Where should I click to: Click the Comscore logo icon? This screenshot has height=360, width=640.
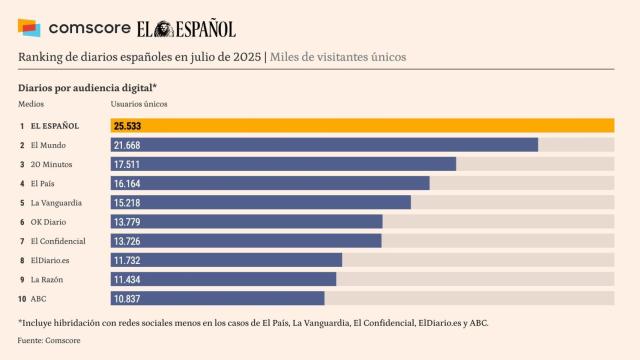click(x=30, y=27)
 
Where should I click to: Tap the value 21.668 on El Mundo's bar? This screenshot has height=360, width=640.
click(x=128, y=145)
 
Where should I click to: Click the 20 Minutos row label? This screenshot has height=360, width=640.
click(x=50, y=164)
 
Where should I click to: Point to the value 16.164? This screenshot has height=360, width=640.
click(x=128, y=183)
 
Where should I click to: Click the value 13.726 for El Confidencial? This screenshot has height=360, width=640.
click(x=128, y=241)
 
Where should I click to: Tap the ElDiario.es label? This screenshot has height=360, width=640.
click(x=50, y=260)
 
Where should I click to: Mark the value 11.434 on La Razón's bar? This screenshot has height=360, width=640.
click(x=128, y=279)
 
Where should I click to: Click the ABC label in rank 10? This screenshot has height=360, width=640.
click(x=39, y=298)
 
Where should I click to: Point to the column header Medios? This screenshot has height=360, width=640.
click(x=31, y=104)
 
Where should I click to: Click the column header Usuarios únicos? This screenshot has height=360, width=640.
click(x=138, y=104)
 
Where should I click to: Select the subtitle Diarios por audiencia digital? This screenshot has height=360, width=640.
click(x=86, y=87)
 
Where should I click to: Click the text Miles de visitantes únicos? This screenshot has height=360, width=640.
click(x=338, y=58)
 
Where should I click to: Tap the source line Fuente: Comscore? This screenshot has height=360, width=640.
click(x=49, y=341)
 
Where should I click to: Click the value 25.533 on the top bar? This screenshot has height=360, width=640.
click(x=128, y=126)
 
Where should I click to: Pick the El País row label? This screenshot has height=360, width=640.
click(x=43, y=183)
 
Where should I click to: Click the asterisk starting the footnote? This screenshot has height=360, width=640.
click(x=21, y=323)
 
